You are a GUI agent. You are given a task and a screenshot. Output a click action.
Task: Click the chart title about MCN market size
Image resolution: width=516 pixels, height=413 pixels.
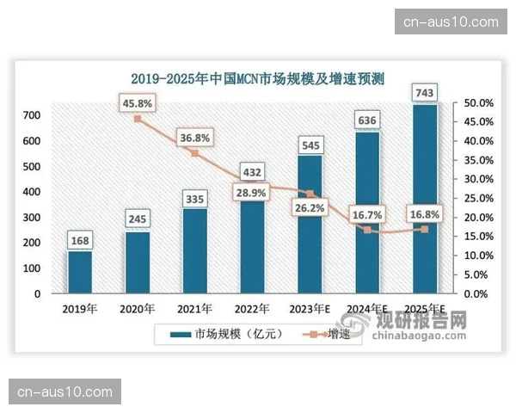[x=257, y=78]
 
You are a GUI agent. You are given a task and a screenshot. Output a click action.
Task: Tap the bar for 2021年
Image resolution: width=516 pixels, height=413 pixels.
[x=194, y=250]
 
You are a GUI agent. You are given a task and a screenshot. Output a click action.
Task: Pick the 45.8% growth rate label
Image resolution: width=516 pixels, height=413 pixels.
[x=138, y=102]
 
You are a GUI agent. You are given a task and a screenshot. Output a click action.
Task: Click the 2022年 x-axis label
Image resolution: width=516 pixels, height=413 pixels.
[x=252, y=309]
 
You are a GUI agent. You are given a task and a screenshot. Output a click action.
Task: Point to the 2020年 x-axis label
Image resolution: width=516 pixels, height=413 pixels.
[x=138, y=309]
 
